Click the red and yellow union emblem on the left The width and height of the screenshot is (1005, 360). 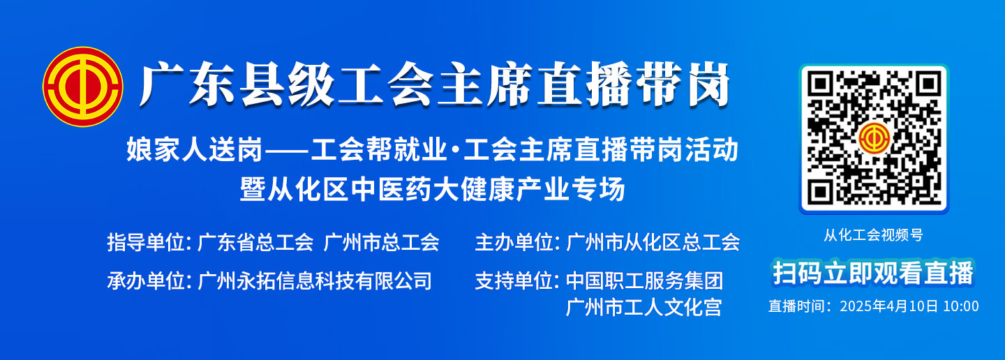[x=83, y=87]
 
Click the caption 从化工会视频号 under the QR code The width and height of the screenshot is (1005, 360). [x=873, y=235]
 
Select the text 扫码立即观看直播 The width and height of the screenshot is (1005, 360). [x=873, y=273]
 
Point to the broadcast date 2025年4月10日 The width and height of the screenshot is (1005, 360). [x=889, y=306]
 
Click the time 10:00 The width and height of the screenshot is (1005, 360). [x=960, y=306]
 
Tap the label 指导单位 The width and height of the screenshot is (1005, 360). [x=146, y=243]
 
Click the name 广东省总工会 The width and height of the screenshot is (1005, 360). [x=255, y=243]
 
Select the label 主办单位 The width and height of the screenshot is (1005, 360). [x=514, y=243]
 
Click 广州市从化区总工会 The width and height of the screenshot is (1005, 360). [x=653, y=243]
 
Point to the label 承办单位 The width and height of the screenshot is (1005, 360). [x=146, y=281]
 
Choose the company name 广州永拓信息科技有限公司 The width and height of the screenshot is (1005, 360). [x=315, y=281]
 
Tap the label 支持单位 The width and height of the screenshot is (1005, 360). [x=514, y=281]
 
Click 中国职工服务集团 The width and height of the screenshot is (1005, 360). [x=644, y=281]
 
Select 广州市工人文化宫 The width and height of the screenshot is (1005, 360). [x=643, y=308]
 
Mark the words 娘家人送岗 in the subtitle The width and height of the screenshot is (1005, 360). [x=194, y=150]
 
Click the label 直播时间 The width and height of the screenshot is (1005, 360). [x=796, y=306]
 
